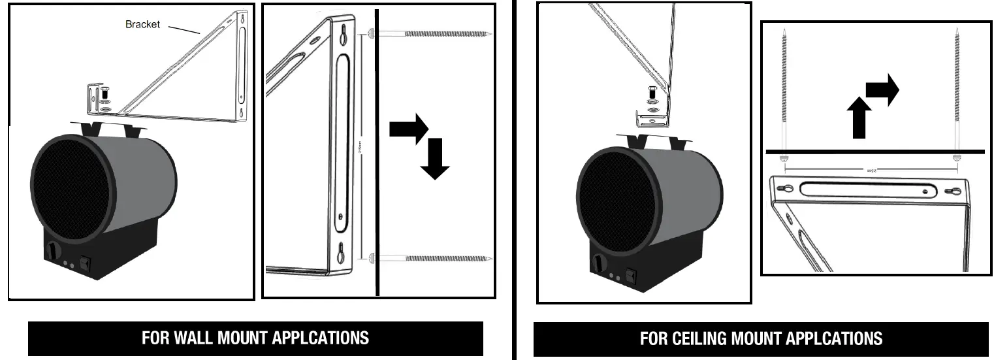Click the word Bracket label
coord(142,24)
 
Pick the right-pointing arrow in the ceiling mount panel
coord(884,90)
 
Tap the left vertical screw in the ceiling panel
coord(783,91)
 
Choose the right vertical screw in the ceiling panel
coord(957,91)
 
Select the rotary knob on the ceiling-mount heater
coord(598,263)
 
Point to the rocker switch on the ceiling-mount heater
coord(630,276)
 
